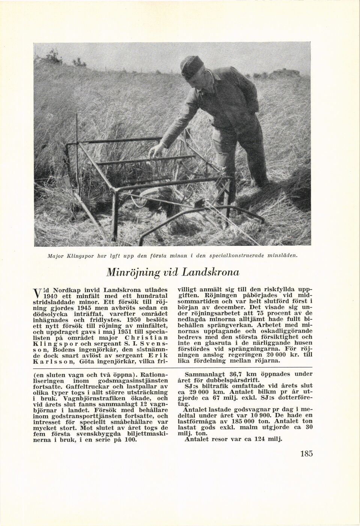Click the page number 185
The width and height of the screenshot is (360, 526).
point(306,453)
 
